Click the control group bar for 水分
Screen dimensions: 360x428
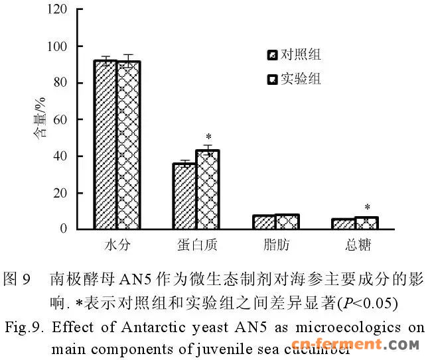(x=106, y=145)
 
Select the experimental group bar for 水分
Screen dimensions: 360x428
(x=129, y=145)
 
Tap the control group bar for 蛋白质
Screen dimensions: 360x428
(x=184, y=196)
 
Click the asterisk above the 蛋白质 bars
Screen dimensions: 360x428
(x=208, y=137)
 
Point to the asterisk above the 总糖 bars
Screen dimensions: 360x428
(x=367, y=208)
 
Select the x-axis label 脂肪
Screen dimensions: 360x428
(x=275, y=245)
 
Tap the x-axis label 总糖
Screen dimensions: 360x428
(x=356, y=245)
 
